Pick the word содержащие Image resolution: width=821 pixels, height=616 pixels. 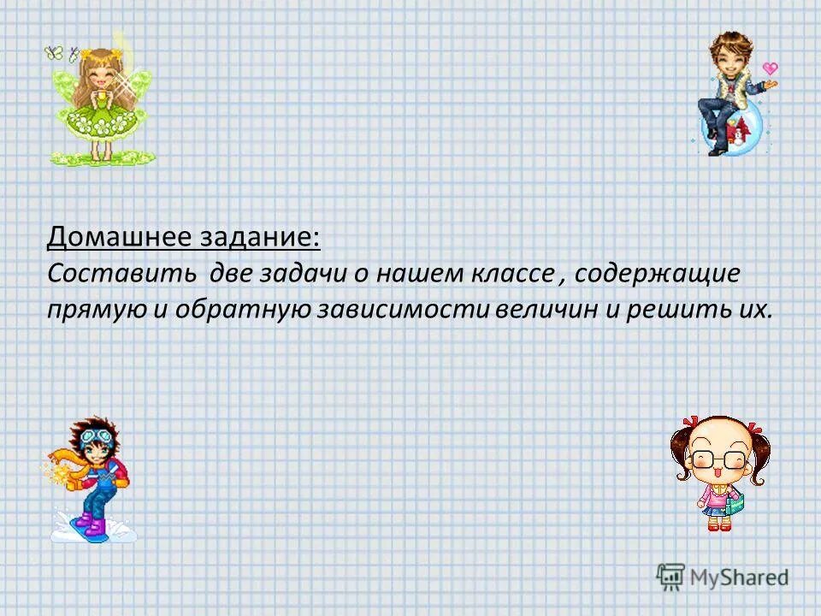tap(658, 275)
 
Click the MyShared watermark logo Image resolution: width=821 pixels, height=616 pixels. tap(723, 577)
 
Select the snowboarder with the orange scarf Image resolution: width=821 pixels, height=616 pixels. tap(90, 479)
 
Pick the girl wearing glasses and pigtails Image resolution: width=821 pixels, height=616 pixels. tap(718, 471)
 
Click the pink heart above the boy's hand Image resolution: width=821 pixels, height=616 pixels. tap(770, 68)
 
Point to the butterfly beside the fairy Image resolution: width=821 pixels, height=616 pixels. tap(55, 53)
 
